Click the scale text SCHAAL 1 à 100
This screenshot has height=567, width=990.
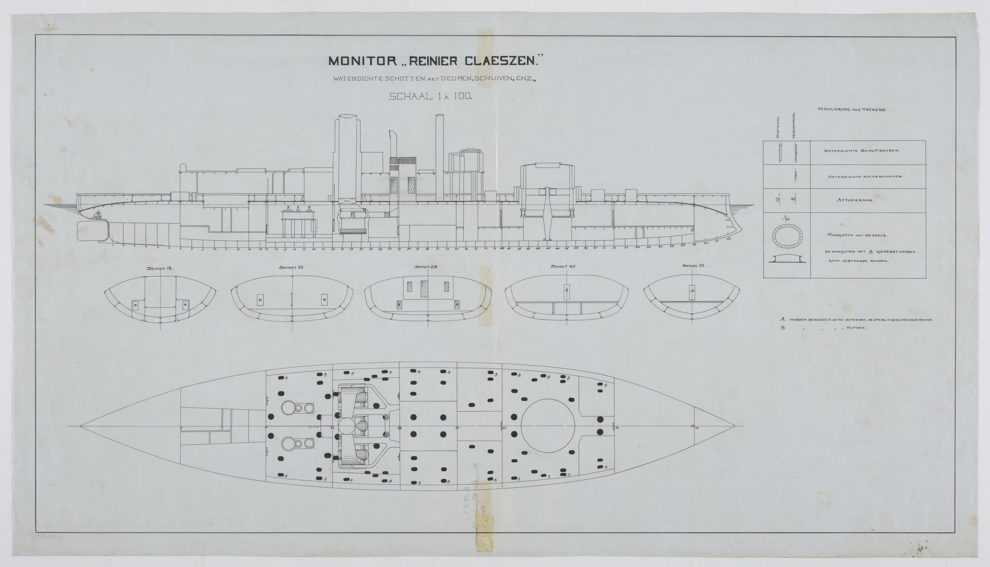point(431,97)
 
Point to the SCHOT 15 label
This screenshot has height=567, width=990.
point(159,268)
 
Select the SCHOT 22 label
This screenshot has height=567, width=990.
point(292,267)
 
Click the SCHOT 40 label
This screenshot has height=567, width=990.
point(563,266)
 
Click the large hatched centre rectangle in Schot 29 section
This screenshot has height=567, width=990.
point(424,289)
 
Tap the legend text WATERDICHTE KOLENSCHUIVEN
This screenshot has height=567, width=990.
point(864,177)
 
